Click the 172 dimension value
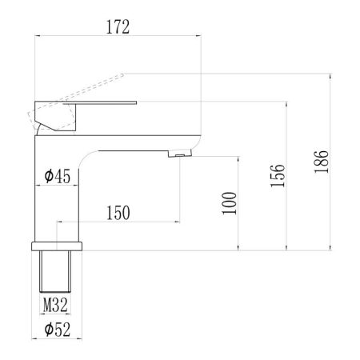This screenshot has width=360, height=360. point(118,26)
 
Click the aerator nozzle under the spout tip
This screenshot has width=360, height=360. point(183,154)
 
